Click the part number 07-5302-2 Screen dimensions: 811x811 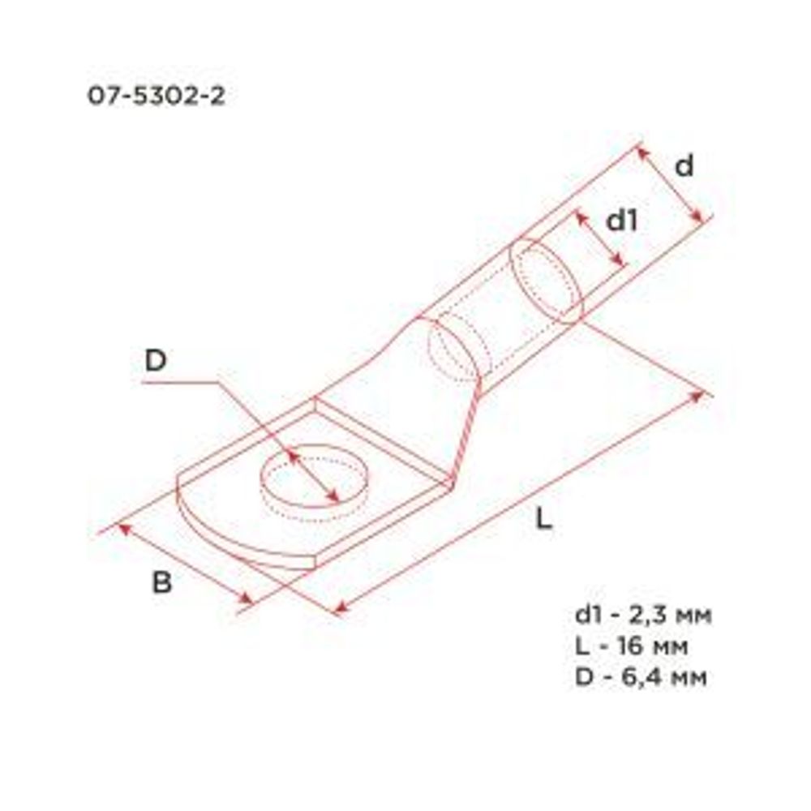point(156,97)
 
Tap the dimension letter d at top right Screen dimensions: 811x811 point(684,166)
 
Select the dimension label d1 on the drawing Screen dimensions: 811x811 point(623,220)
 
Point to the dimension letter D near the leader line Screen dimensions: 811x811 point(156,362)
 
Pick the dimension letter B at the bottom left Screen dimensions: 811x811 point(162,583)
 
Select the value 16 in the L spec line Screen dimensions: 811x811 point(635,646)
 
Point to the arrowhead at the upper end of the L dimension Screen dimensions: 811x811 point(697,397)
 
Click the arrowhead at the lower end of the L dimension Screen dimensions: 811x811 point(341,607)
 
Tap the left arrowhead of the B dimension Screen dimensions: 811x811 point(123,528)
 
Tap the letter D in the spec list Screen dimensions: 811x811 point(583,677)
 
